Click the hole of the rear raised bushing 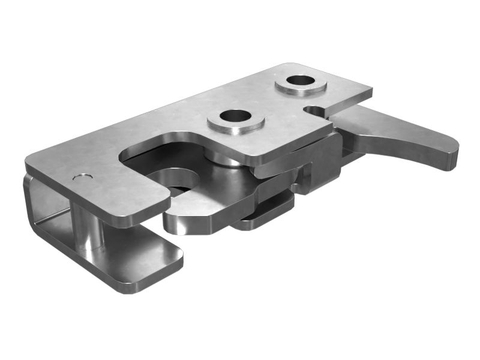pos(301,80)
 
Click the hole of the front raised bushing pos(235,116)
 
